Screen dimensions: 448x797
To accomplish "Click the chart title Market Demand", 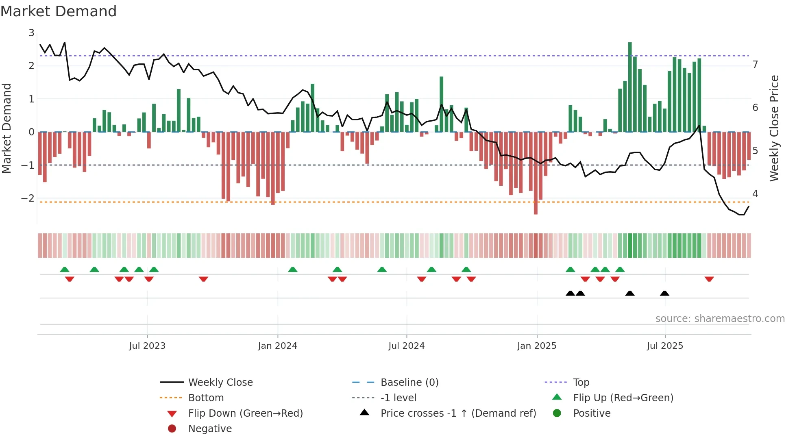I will click(x=59, y=11).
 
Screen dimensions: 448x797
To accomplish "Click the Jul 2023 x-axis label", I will click(x=147, y=346).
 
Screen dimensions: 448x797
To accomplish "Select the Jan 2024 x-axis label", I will click(x=277, y=346).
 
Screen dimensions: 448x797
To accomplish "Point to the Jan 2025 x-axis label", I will click(x=536, y=346).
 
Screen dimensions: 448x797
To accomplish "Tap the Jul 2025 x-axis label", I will click(x=665, y=346).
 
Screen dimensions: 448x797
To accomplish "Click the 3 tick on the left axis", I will click(x=31, y=33).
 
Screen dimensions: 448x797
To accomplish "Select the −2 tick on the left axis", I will click(x=28, y=198).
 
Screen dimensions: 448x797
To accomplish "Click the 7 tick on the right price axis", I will click(x=755, y=65).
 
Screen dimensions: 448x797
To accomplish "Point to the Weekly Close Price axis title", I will click(x=774, y=128).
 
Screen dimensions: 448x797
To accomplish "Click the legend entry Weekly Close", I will click(x=220, y=383).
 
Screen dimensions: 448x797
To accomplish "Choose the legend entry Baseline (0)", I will click(x=409, y=383).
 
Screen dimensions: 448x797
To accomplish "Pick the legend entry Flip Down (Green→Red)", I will click(x=245, y=413).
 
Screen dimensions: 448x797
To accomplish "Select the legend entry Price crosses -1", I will click(x=458, y=413).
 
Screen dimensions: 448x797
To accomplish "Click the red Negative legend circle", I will click(x=172, y=429).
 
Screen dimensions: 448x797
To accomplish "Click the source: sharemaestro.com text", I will click(x=720, y=319).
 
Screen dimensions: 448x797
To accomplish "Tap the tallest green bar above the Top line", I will click(x=630, y=81).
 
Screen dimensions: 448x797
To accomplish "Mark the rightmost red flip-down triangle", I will click(x=709, y=279).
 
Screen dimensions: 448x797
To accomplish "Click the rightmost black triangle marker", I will click(x=664, y=294).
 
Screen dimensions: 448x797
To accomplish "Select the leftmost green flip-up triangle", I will click(x=65, y=270).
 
